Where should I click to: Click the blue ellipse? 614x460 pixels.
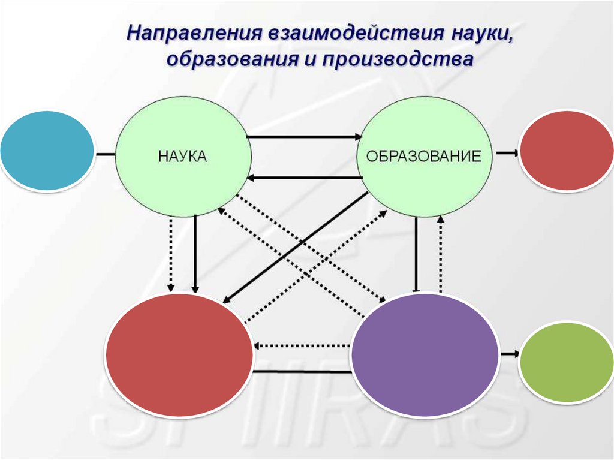pos(47,151)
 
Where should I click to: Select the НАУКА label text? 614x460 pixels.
pos(182,157)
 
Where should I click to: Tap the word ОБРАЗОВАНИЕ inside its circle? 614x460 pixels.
pos(424,157)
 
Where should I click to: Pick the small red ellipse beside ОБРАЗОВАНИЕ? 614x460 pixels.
pos(566,151)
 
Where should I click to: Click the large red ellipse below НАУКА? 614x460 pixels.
pos(179,354)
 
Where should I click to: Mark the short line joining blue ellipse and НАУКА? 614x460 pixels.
pos(105,154)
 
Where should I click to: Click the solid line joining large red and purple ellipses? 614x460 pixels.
pos(302,372)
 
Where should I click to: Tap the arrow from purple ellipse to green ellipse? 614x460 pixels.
pos(508,354)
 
